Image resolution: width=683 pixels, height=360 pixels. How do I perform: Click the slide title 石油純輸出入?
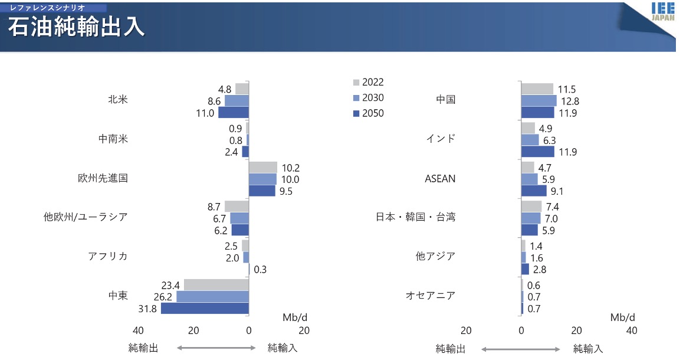coord(77,28)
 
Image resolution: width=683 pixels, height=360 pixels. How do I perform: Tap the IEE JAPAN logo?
coord(665,12)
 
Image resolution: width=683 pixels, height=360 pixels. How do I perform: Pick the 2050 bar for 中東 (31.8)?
coord(205,308)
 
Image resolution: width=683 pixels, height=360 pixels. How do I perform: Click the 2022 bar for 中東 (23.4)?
coord(216,285)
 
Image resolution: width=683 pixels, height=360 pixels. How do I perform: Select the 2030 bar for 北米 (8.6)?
coord(237,101)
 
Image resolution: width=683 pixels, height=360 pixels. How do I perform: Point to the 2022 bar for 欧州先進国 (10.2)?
coord(263,167)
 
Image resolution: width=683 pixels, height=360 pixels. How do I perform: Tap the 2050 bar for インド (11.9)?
coord(538,152)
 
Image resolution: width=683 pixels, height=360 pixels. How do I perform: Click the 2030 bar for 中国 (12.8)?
coord(539,101)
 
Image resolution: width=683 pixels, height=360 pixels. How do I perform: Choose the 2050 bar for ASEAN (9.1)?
coord(534,191)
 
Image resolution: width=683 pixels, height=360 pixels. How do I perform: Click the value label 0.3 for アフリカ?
coord(260,270)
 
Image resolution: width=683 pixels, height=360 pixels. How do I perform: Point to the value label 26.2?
coord(162,297)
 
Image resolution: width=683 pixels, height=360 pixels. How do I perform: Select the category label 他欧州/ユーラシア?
coord(86,217)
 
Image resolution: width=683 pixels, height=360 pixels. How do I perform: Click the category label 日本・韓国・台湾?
coord(415,217)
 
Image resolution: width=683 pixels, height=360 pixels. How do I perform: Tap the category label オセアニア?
coord(431,295)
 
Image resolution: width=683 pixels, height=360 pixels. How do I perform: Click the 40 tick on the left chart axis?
coord(138,330)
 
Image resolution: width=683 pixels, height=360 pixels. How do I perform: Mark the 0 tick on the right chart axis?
coord(521,330)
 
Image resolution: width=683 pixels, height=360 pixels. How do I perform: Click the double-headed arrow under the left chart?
coord(216,348)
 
